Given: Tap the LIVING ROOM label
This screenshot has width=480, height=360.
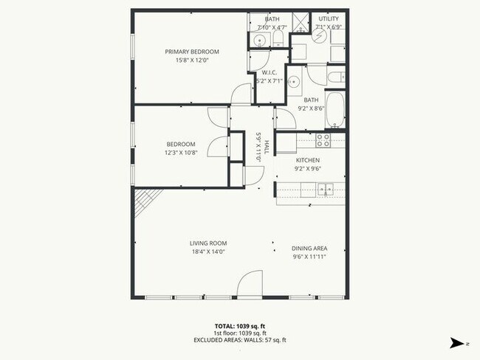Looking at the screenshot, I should (x=208, y=243).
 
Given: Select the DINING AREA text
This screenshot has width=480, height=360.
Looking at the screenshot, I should (x=309, y=248).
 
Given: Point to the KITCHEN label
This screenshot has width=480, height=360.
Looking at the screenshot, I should (x=307, y=160).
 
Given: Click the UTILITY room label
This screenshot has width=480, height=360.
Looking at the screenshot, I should (x=328, y=18).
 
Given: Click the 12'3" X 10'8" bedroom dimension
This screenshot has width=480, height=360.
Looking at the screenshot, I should (x=180, y=152).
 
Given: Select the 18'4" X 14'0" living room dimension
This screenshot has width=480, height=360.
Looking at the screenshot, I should (x=208, y=252).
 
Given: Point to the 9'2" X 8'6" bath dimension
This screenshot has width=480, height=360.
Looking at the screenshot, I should (x=310, y=108).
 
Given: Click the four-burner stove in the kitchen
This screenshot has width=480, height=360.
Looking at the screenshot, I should (x=323, y=138).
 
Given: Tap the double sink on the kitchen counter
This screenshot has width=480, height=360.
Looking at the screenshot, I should (x=325, y=190).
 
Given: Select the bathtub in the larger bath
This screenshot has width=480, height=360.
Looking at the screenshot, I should (x=335, y=108).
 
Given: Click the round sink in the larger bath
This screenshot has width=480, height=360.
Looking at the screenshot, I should (x=294, y=82).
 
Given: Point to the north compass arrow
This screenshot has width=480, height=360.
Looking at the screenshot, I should (x=457, y=342).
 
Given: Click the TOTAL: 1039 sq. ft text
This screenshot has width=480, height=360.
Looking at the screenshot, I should (x=239, y=325).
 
